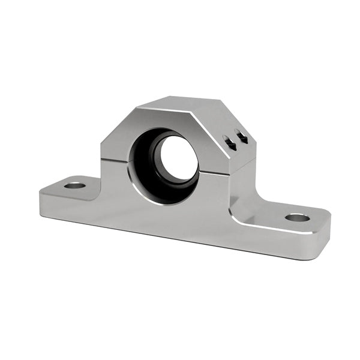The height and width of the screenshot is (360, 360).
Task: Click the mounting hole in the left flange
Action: [75, 185]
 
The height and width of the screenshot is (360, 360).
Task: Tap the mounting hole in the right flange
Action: [297, 217]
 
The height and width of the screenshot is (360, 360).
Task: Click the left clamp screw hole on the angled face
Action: [229, 141]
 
